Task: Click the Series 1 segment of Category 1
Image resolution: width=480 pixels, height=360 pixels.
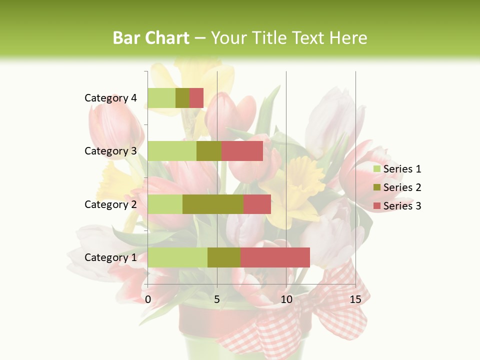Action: [177, 257]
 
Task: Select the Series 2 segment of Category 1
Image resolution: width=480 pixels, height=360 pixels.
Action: [223, 257]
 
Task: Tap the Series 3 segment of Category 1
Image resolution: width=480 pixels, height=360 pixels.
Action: [275, 257]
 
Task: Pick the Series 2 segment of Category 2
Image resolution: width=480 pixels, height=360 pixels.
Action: [212, 204]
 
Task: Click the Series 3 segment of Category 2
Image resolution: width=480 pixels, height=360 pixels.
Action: [257, 204]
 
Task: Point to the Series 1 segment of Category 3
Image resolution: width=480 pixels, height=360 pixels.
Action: [172, 151]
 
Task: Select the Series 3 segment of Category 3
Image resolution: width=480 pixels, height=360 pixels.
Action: [242, 151]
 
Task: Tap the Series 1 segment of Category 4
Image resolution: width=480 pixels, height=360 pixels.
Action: [161, 98]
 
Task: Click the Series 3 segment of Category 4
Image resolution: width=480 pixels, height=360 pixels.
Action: [196, 98]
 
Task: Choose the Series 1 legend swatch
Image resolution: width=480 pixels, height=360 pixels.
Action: [376, 169]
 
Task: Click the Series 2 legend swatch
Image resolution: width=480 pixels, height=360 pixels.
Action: [376, 187]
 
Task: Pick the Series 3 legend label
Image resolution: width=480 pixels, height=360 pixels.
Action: [402, 206]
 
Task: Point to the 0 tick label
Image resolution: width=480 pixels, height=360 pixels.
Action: [148, 299]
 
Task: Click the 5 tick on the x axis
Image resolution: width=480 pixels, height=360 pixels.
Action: [217, 299]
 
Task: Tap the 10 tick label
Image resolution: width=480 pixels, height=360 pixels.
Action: [286, 299]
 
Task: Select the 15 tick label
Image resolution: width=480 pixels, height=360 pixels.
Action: [355, 299]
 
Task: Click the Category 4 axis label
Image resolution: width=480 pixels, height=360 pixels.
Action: [110, 98]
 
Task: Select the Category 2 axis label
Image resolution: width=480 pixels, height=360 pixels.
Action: [110, 204]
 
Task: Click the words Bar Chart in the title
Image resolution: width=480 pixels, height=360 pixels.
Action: [151, 38]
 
